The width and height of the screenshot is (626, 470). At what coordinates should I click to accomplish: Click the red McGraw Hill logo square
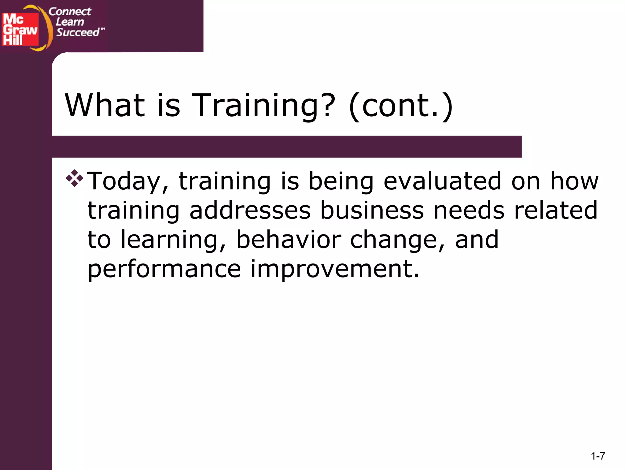[x=20, y=29]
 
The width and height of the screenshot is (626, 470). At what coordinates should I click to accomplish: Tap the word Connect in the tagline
[x=70, y=12]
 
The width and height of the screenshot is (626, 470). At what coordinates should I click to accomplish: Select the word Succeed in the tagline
[x=78, y=32]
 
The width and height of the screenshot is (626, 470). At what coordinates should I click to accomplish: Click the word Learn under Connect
[x=70, y=22]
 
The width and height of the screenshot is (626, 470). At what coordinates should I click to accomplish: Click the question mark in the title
[x=326, y=105]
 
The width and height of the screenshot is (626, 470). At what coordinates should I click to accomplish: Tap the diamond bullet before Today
[x=74, y=178]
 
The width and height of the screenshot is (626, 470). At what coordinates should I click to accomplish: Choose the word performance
[x=164, y=269]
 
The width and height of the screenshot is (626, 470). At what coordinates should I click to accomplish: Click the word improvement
[x=335, y=269]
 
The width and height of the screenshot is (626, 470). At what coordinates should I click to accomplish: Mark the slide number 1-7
[x=598, y=456]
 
